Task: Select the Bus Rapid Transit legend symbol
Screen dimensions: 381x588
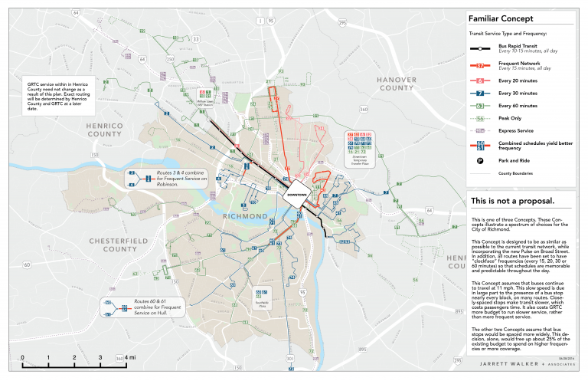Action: [x=479, y=48]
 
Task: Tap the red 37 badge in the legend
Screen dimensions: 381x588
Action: [x=479, y=67]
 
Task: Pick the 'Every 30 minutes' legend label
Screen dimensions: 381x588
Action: [x=517, y=93]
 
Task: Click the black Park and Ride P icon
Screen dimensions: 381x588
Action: [x=479, y=160]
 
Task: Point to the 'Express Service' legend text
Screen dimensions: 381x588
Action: [x=515, y=131]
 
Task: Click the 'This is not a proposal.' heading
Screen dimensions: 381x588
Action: [x=511, y=202]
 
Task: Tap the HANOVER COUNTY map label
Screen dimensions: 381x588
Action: [x=395, y=84]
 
